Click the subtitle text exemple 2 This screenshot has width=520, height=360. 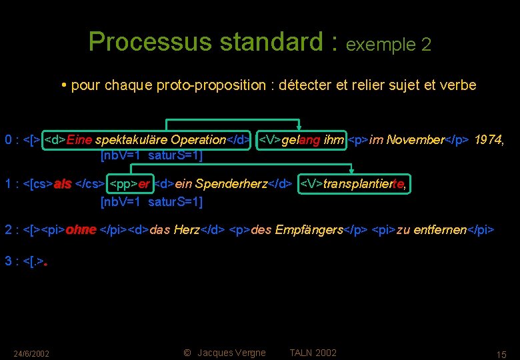click(389, 45)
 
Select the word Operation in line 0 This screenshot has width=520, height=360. click(198, 140)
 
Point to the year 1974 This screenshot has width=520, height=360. click(489, 140)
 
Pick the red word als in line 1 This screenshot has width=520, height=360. click(63, 185)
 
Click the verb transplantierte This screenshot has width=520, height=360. click(363, 185)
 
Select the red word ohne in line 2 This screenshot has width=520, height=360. click(80, 230)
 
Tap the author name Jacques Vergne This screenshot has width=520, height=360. click(232, 353)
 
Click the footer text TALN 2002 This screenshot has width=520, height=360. click(313, 353)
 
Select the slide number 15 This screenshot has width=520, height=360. click(502, 354)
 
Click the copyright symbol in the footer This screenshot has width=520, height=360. click(187, 353)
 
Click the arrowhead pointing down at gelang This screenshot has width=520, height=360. click(300, 128)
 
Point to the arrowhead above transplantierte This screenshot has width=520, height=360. click(351, 173)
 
